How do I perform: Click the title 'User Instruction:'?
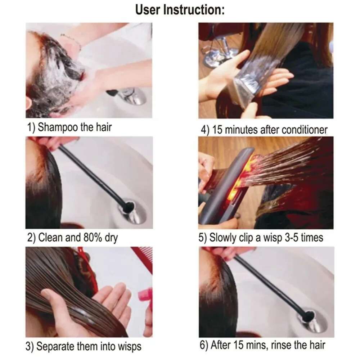180,10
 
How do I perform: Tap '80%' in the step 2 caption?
88,238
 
